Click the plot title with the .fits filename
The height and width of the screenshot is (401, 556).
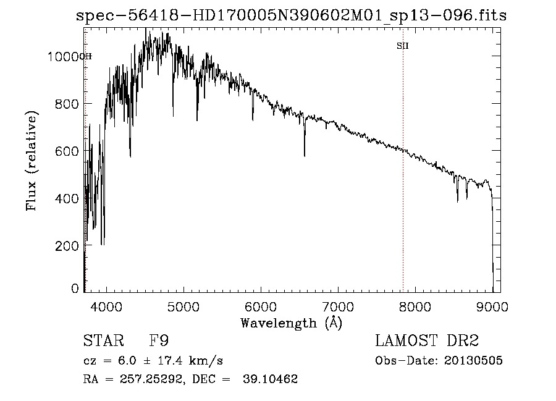coord(291,16)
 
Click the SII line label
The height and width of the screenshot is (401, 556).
coord(403,46)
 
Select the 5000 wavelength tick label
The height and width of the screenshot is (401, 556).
coord(183,306)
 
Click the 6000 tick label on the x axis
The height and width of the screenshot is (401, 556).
coord(261,306)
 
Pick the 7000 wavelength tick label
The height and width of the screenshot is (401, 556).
coord(338,306)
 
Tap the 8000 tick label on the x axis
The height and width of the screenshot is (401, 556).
coord(415,306)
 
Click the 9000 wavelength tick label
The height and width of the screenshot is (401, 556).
coord(492,306)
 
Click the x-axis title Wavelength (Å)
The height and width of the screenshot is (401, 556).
coord(291,323)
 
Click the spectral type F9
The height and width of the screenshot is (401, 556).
coord(160,340)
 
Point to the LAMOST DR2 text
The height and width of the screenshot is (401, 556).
coord(427,340)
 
